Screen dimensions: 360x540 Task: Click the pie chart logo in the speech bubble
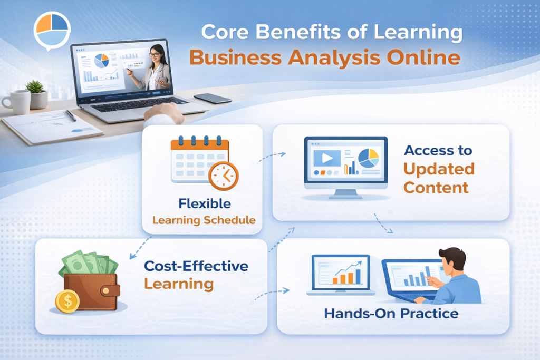[x=52, y=30]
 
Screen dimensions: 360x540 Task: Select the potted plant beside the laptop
[x=37, y=93]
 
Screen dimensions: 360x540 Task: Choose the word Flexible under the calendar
[x=204, y=203]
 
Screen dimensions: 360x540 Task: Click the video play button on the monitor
[x=326, y=157]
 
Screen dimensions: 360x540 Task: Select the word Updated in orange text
[x=439, y=169]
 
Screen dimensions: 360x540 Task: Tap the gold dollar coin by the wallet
[x=67, y=301]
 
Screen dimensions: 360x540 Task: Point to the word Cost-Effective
[x=196, y=266]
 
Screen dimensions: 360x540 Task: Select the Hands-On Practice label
[x=391, y=314]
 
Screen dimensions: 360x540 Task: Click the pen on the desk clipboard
[x=71, y=115]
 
